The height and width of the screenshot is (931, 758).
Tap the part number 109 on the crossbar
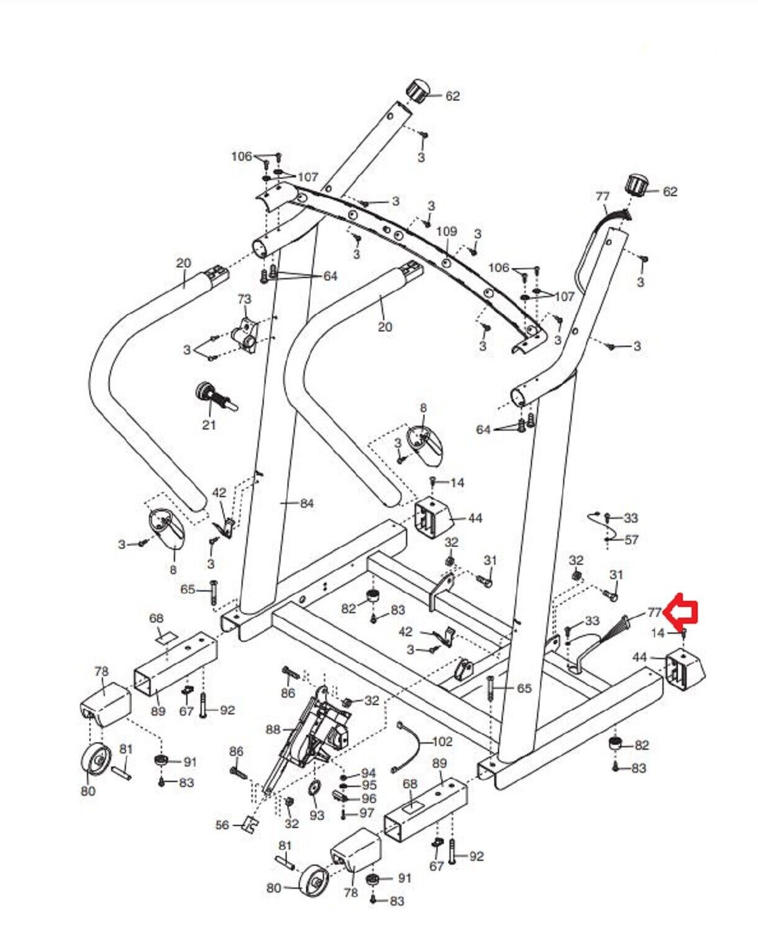point(446,232)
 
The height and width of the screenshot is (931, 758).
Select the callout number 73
point(244,299)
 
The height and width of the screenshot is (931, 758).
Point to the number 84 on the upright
point(307,504)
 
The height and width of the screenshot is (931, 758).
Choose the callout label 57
point(631,540)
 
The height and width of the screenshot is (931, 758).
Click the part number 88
point(274,730)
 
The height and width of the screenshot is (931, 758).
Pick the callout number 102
point(442,742)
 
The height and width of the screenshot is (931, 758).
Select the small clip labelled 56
point(250,824)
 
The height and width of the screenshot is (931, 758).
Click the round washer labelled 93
point(314,789)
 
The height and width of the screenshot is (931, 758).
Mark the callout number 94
point(369,773)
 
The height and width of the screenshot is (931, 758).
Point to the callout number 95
point(369,786)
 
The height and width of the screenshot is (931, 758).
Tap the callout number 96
point(369,799)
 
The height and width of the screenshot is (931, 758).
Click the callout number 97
point(367,813)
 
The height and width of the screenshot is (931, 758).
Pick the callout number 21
point(209,425)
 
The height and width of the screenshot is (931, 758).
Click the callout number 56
point(222,825)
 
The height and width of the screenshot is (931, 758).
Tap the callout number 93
point(317,815)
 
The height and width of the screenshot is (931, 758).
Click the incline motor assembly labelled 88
point(314,732)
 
